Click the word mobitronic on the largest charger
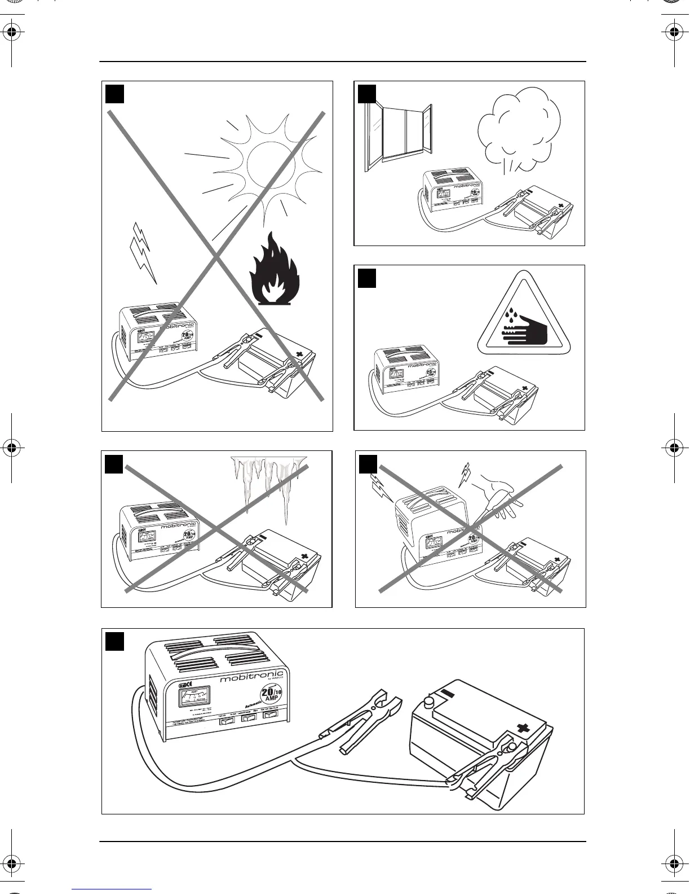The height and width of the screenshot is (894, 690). pos(251,678)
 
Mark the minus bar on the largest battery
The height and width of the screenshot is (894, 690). pos(448,693)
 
